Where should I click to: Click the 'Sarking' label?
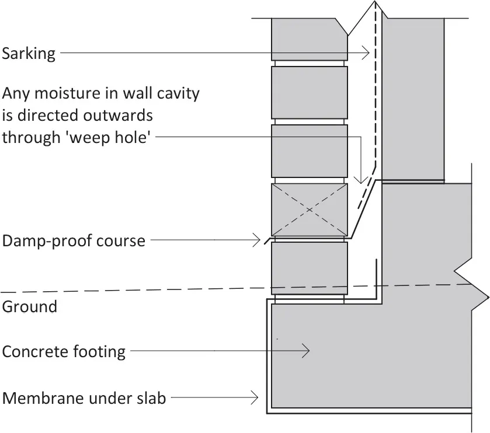29,54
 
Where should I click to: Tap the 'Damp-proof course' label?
74,240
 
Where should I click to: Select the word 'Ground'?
30,306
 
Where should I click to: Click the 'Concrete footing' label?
64,352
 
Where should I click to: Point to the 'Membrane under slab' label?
84,399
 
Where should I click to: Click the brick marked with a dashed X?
310,209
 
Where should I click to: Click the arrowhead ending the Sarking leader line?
367,54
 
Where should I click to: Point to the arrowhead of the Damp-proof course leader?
257,239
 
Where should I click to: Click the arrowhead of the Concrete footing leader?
305,351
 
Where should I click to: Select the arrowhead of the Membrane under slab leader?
255,398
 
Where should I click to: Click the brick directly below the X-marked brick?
310,268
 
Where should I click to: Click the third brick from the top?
310,151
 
